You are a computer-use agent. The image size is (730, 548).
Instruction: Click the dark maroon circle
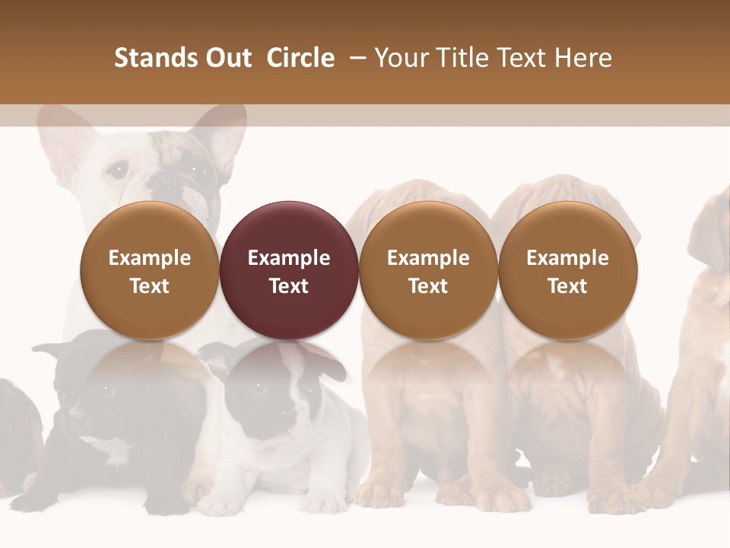tap(289, 270)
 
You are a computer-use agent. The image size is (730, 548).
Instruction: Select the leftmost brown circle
tap(150, 270)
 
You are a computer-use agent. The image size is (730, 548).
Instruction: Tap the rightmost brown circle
tap(567, 270)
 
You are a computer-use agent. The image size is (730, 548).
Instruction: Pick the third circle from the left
tap(428, 270)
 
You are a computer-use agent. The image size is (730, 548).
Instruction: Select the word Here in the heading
tap(584, 58)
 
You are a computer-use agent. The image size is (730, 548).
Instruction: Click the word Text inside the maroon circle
tap(289, 286)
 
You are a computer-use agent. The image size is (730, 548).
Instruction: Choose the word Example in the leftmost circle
tap(150, 258)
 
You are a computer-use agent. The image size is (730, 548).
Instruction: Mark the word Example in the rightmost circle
tap(567, 258)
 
